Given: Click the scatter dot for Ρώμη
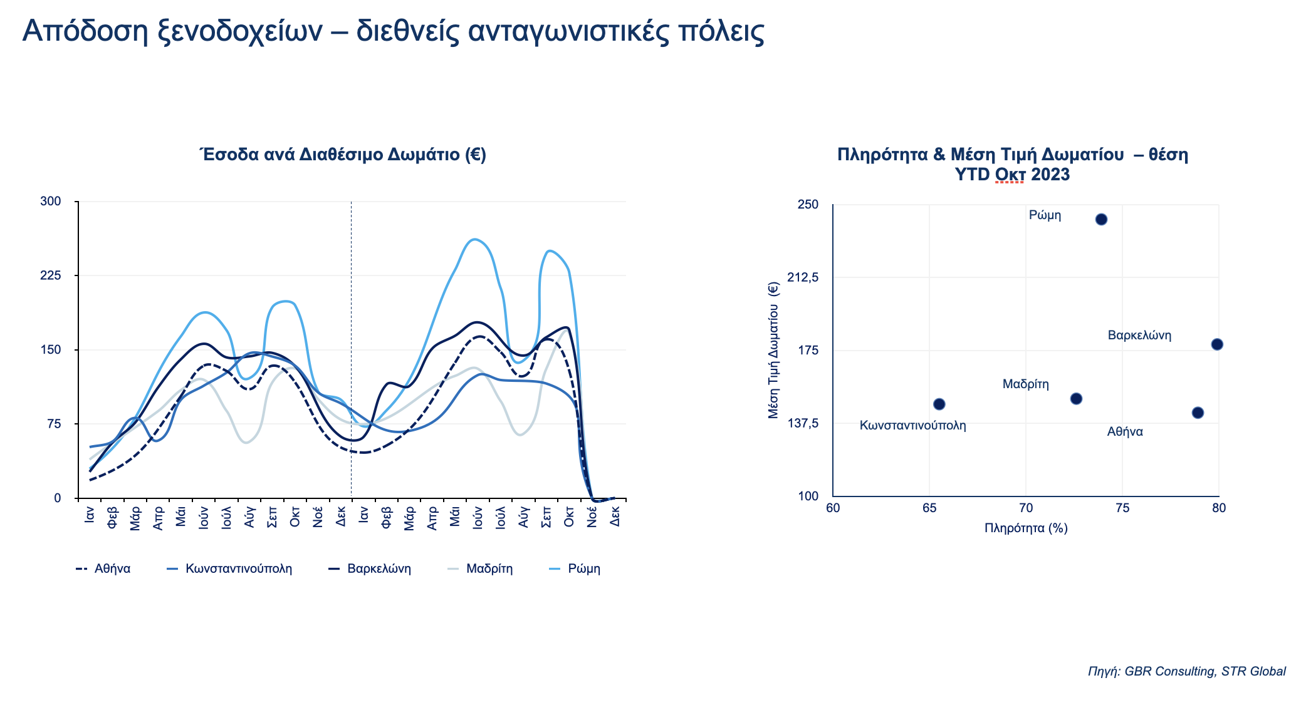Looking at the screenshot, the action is (1101, 219).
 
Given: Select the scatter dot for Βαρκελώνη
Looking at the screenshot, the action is (1217, 344).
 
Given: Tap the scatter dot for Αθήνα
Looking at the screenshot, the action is (1198, 413).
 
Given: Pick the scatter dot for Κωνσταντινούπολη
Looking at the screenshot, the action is (939, 404).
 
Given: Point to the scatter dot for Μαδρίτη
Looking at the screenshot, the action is (1076, 399).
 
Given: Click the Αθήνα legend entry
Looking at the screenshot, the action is (103, 569).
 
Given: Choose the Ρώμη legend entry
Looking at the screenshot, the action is (575, 569).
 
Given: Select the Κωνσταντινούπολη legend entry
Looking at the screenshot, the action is (229, 569).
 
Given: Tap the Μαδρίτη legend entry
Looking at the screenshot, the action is (480, 569).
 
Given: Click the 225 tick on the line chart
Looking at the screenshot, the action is (51, 275).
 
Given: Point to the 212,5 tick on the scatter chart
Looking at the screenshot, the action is (803, 277).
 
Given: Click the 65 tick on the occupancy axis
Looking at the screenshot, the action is (929, 508).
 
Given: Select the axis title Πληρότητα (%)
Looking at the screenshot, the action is (1026, 528).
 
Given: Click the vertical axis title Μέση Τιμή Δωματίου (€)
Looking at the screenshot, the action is (773, 351).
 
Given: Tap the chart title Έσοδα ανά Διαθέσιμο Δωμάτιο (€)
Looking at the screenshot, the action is (343, 155).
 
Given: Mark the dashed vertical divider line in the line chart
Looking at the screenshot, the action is (351, 350).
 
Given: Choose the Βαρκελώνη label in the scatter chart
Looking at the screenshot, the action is (1139, 336).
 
